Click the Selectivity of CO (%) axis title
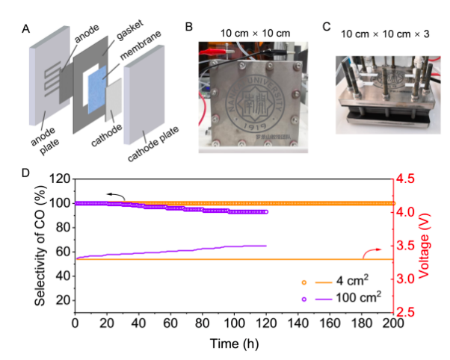(x=39, y=245)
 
